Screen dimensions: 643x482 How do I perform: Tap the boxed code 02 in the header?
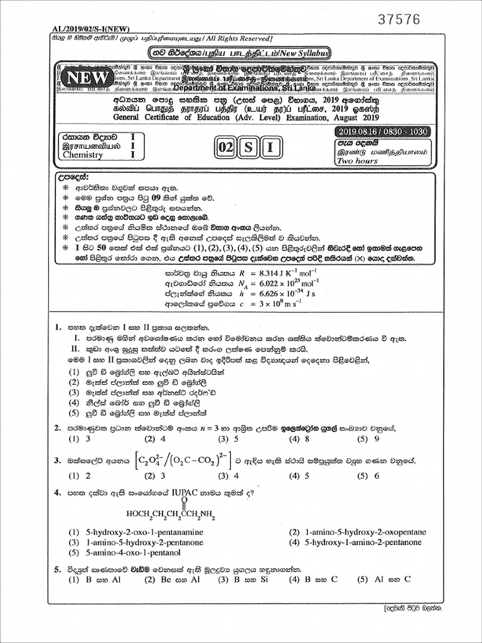pyautogui.click(x=224, y=148)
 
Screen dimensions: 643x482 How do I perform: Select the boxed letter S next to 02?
pyautogui.click(x=249, y=148)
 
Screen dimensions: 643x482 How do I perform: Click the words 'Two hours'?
pyautogui.click(x=358, y=161)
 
